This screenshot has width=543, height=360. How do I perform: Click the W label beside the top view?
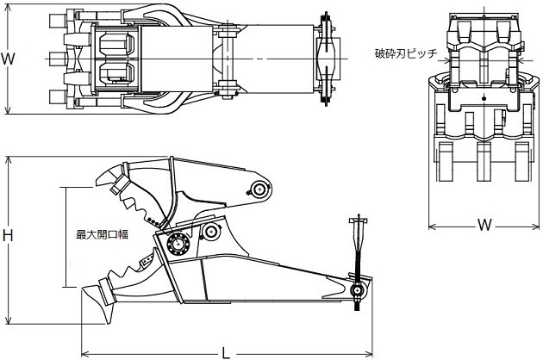[8, 59]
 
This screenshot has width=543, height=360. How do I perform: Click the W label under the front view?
[484, 225]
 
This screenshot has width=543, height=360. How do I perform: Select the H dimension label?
[8, 236]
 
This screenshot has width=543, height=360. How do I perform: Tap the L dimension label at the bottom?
[226, 353]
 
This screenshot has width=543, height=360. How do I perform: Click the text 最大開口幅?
[103, 234]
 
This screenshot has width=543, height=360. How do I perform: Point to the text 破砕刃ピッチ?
[406, 53]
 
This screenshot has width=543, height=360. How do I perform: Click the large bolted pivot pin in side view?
[178, 244]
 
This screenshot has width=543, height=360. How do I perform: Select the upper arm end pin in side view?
[259, 189]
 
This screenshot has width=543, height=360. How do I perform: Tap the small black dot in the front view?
[484, 99]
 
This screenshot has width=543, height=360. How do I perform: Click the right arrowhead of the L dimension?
[369, 354]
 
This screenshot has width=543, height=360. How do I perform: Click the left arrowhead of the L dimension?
[84, 354]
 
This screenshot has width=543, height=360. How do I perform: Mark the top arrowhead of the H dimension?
[8, 160]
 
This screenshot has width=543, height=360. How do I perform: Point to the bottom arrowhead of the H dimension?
[8, 320]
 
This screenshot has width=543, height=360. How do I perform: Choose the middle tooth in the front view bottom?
[484, 162]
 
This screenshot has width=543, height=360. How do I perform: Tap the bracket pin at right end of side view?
[357, 290]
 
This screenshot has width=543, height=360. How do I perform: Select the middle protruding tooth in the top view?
[56, 59]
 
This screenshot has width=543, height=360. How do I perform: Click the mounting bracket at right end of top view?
[326, 59]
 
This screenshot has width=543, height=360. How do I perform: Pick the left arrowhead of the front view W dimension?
[432, 227]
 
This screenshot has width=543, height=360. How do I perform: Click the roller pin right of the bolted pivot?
[210, 232]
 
